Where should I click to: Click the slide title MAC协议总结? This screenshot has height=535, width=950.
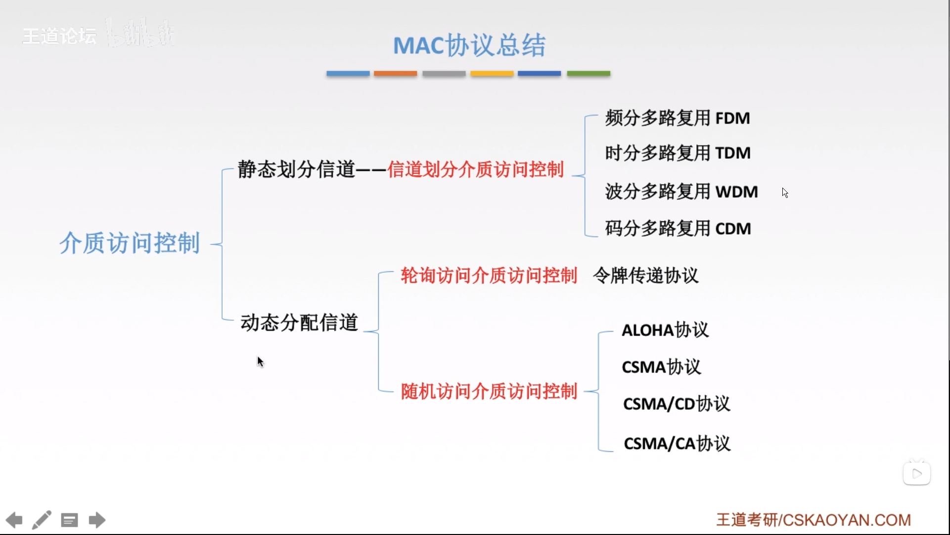(x=469, y=46)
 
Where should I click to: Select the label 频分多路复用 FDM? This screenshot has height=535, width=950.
(x=677, y=118)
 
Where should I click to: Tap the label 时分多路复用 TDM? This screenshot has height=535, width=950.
(x=678, y=153)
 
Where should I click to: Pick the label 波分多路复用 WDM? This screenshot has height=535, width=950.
(x=681, y=192)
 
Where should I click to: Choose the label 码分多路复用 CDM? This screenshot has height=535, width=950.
(x=678, y=229)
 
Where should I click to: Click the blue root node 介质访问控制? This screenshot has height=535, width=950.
(x=130, y=243)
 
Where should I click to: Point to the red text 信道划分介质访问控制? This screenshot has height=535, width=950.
(x=475, y=170)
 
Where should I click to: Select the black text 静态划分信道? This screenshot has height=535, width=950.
(x=296, y=169)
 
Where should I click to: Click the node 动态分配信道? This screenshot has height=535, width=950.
(x=299, y=323)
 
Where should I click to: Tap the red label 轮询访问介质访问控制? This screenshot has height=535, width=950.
(x=489, y=276)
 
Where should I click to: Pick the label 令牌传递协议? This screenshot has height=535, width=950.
(x=645, y=276)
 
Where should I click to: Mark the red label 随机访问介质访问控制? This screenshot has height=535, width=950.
(x=489, y=391)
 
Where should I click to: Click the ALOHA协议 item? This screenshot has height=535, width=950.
(x=665, y=330)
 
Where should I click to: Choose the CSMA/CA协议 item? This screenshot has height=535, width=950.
(x=677, y=443)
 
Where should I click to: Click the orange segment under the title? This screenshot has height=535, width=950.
(x=395, y=73)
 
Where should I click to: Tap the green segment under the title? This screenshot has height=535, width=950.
(x=588, y=73)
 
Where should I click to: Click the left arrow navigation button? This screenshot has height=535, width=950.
(x=14, y=520)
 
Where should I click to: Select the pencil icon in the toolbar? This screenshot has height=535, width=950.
(x=42, y=520)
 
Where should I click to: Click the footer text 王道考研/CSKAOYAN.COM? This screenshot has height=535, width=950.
(x=813, y=520)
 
